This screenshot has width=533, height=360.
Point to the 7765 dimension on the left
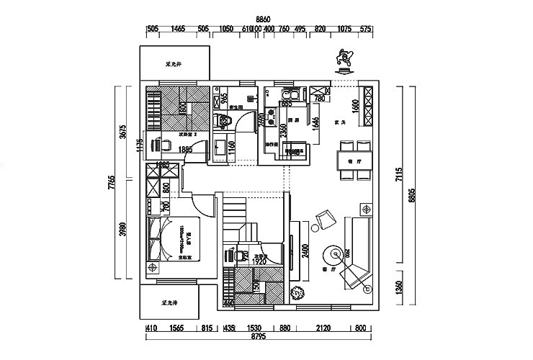pos(112,182)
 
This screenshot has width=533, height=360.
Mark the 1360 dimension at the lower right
pos(399,287)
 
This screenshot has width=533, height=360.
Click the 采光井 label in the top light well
pos(174,64)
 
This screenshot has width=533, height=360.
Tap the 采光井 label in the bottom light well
pos(170,302)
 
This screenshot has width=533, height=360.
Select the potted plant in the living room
pos(296,293)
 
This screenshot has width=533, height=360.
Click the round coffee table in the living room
pos(333,254)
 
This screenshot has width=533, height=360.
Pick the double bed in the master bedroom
pos(174,238)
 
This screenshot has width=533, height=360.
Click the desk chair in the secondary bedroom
pos(164,145)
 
